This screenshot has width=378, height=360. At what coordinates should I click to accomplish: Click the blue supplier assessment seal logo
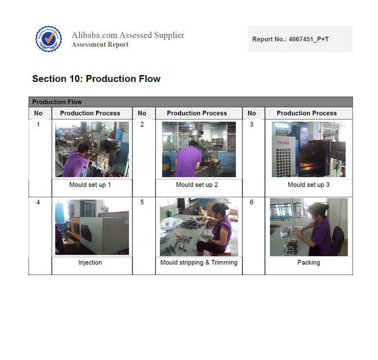click(x=49, y=38)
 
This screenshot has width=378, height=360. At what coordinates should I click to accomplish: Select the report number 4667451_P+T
click(x=309, y=39)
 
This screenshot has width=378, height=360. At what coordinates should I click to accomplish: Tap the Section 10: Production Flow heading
click(x=96, y=79)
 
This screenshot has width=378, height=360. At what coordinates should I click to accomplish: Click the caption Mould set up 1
click(x=90, y=185)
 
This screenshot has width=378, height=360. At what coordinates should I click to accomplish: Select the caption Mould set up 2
click(x=197, y=185)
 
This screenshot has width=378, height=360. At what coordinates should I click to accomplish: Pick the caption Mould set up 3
click(x=309, y=185)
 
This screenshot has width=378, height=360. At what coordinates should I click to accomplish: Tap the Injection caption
click(x=90, y=262)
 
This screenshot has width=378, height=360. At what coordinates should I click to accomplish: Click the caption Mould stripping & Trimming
click(x=199, y=262)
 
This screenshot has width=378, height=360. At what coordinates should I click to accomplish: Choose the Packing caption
click(x=309, y=262)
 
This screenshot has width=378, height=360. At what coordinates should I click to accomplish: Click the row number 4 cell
click(x=38, y=202)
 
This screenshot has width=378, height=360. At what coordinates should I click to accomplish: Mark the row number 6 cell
click(x=251, y=202)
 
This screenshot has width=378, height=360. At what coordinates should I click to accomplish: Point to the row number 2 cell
click(x=142, y=124)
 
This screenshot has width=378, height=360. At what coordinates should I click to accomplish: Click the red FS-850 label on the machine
click(x=283, y=142)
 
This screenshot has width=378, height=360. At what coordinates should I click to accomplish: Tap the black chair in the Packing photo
click(x=338, y=240)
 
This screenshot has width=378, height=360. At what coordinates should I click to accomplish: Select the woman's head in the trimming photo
click(x=220, y=210)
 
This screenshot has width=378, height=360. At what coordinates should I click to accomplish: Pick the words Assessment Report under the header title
click(x=100, y=45)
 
